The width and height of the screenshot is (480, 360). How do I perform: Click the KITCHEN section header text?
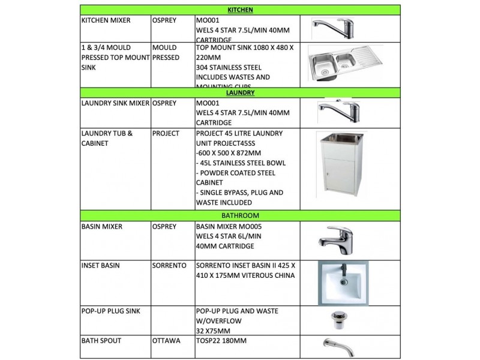(x=240, y=10)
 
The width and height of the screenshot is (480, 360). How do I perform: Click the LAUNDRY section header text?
(x=240, y=93)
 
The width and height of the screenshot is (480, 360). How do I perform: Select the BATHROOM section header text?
(x=240, y=215)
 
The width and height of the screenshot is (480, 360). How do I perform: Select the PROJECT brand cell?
(x=166, y=133)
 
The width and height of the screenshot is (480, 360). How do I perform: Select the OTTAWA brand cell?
(x=167, y=341)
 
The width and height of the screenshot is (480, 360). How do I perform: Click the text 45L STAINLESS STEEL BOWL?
(x=241, y=163)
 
